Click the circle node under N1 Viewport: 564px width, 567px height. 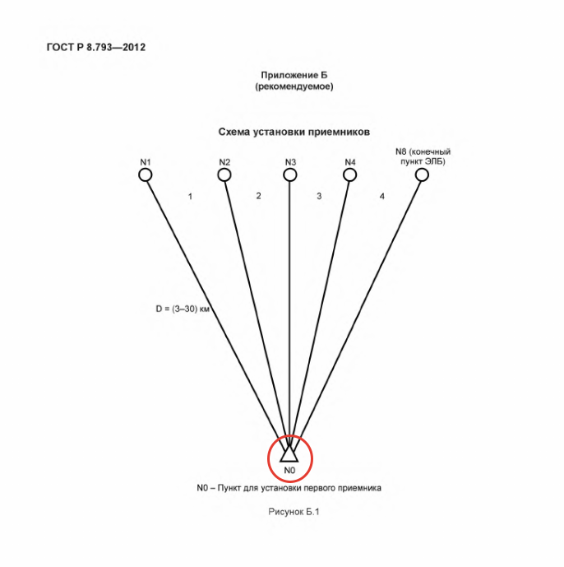point(146,175)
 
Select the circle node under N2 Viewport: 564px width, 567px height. point(224,175)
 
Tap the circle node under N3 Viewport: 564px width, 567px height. point(289,175)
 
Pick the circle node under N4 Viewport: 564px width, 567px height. point(349,175)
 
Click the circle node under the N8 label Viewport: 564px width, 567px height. point(422,175)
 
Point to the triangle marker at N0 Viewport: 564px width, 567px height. point(289,454)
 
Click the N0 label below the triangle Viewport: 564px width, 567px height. point(289,470)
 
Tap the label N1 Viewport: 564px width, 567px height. point(146,162)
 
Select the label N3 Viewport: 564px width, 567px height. point(290,162)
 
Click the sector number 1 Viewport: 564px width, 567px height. point(190,197)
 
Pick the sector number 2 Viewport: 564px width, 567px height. point(258,196)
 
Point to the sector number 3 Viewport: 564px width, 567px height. point(319,196)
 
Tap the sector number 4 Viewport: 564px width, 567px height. point(382,197)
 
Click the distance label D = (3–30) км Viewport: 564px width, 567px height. point(183,309)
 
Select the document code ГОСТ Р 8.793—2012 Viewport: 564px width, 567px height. point(96,48)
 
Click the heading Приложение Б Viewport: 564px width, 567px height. point(294,75)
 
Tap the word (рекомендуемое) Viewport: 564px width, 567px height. point(294,86)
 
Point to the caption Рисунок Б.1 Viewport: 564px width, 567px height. point(294,512)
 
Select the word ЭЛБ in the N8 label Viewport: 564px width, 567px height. point(435,161)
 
